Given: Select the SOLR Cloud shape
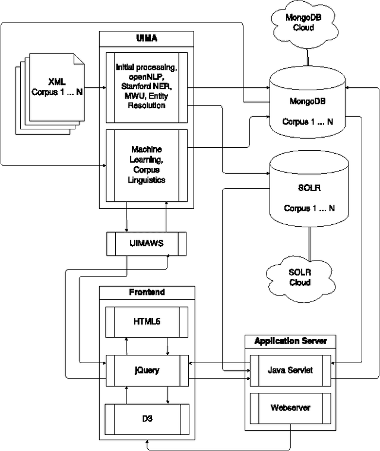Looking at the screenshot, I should tap(300, 277).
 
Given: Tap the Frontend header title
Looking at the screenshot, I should tap(147, 292).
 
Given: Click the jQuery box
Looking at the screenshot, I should tap(147, 370).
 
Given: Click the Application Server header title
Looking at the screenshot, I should tap(290, 341).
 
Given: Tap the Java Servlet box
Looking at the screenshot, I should tap(290, 370).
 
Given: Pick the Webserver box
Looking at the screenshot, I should tap(290, 408).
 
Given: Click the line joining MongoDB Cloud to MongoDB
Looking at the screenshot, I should tap(308, 56).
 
